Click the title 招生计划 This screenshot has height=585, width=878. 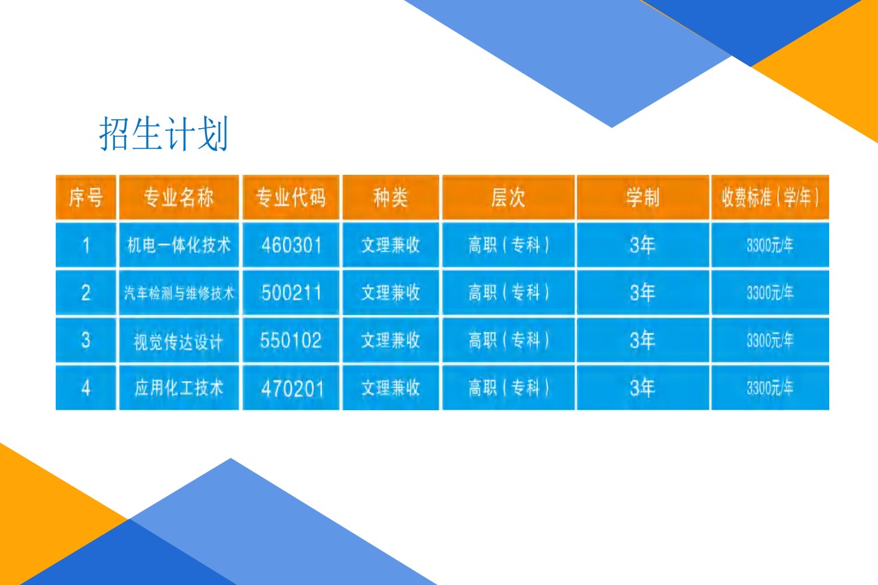pos(164,134)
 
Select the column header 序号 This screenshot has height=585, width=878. pos(86,197)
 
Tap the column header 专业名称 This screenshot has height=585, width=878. pos(178,197)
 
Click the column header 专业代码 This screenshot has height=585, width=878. pos(291,197)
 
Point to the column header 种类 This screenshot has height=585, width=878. pos(390,197)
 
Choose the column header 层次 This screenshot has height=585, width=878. pos(509,197)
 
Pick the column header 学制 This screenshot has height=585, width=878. pos(642,197)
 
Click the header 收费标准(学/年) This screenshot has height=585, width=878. pos(770,197)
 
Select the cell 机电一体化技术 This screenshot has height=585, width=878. pos(178,245)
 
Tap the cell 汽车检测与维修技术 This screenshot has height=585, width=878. pos(178,292)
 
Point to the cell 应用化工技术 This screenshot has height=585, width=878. pos(178,388)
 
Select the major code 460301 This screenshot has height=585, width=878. pos(291,246)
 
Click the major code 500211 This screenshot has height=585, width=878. pos(291,292)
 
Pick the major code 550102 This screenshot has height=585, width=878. pos(291,340)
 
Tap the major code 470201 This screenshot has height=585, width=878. pos(293,389)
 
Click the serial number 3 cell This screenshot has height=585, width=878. pos(86,340)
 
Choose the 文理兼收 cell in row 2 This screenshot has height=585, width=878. pos(390,292)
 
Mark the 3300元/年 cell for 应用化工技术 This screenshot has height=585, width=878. pos(770,388)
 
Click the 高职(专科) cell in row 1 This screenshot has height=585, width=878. pos(509,245)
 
